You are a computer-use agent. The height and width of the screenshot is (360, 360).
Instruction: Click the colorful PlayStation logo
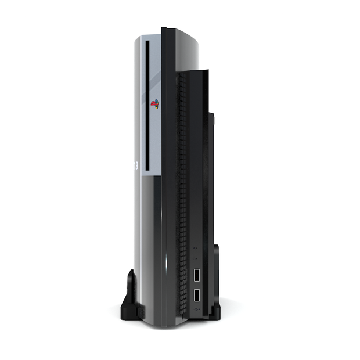[154, 105]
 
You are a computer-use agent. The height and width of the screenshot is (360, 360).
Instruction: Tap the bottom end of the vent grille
[181, 314]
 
